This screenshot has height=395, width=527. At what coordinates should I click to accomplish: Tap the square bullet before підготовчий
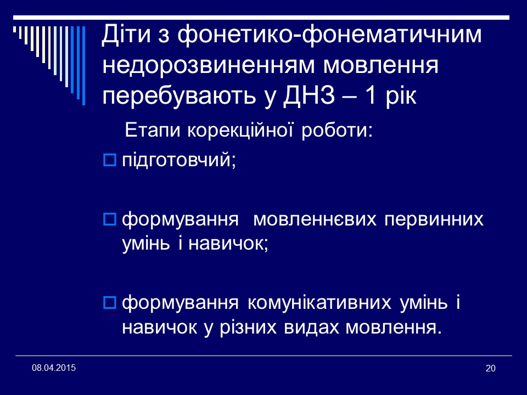click(109, 160)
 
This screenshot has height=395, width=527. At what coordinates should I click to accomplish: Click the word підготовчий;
click(178, 160)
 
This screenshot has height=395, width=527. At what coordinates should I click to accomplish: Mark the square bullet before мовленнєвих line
click(109, 220)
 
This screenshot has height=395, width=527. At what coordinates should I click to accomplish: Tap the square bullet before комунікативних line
click(109, 302)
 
